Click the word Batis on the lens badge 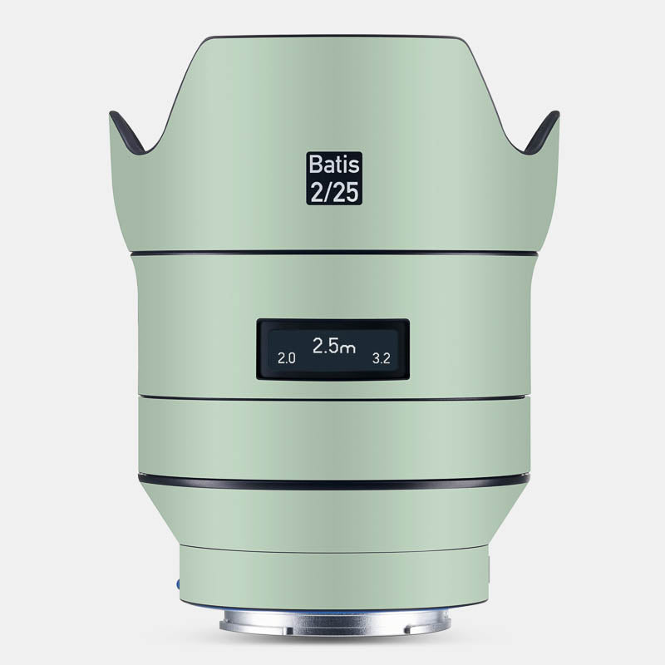point(334,165)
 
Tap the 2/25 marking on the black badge point(335,192)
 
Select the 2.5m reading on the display point(334,346)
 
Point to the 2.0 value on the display point(286,359)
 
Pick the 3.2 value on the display point(381,359)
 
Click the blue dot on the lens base point(178,584)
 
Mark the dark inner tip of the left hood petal point(126,131)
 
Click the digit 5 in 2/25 point(352,192)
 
